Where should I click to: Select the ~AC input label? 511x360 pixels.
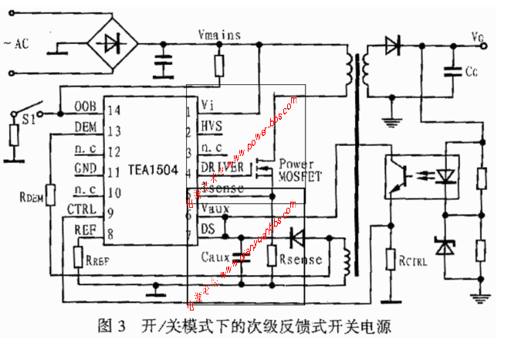(16, 43)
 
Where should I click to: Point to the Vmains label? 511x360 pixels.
(219, 35)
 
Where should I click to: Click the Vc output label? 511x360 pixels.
(477, 36)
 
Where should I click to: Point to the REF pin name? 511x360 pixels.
(84, 229)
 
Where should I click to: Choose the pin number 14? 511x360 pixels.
(113, 108)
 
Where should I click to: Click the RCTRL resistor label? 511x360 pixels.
(413, 261)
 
